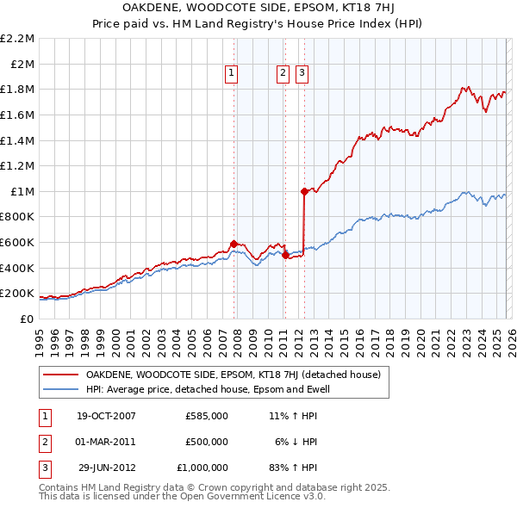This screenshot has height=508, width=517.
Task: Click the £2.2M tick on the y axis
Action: point(17,39)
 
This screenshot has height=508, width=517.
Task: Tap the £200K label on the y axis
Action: point(17,294)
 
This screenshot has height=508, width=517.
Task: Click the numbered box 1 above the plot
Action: point(233,74)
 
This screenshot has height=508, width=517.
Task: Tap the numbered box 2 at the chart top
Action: point(283,74)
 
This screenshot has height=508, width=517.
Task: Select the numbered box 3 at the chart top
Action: point(302,74)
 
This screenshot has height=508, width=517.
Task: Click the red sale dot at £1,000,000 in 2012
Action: point(304,191)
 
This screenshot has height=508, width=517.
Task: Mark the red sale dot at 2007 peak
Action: point(234,244)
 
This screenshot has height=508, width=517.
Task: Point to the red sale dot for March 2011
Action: point(284,255)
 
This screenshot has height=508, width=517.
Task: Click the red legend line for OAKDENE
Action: point(60,375)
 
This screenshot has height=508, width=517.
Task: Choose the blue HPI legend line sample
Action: point(60,389)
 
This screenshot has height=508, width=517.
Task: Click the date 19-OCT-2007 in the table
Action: point(106,415)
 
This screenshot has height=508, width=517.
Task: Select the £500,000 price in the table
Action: point(207,442)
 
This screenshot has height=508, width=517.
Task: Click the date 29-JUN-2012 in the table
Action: point(106,468)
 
